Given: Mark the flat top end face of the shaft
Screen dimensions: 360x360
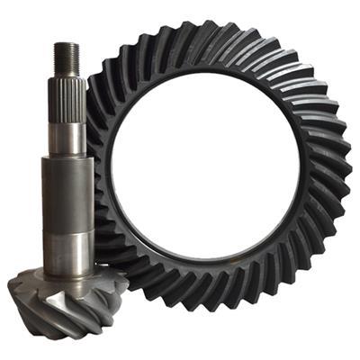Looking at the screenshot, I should pyautogui.click(x=67, y=44).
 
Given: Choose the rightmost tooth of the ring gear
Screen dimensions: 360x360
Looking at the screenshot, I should pyautogui.click(x=346, y=171).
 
